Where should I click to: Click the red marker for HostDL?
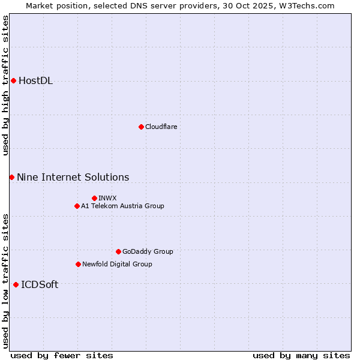click(x=13, y=80)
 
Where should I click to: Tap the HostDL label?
click(x=36, y=81)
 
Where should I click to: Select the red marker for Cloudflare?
click(x=141, y=127)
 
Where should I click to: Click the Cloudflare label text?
click(x=161, y=127)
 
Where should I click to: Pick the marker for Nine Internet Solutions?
click(x=11, y=177)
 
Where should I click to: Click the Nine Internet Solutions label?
click(x=73, y=177)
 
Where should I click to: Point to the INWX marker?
click(x=94, y=198)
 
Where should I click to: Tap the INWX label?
click(x=107, y=198)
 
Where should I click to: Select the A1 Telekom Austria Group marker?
click(x=77, y=206)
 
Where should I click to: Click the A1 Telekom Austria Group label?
click(x=122, y=206)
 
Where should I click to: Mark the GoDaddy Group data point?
click(x=118, y=251)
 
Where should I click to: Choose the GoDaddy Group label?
click(x=148, y=251)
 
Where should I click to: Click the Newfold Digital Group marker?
click(x=78, y=264)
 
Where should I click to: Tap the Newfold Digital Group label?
click(x=117, y=264)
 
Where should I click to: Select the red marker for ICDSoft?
click(x=16, y=284)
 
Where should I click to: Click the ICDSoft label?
click(x=40, y=284)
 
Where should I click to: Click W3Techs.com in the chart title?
click(x=310, y=5)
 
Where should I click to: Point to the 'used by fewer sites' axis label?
click(x=62, y=355)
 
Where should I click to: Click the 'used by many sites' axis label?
click(x=301, y=355)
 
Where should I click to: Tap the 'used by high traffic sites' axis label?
click(x=5, y=85)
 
